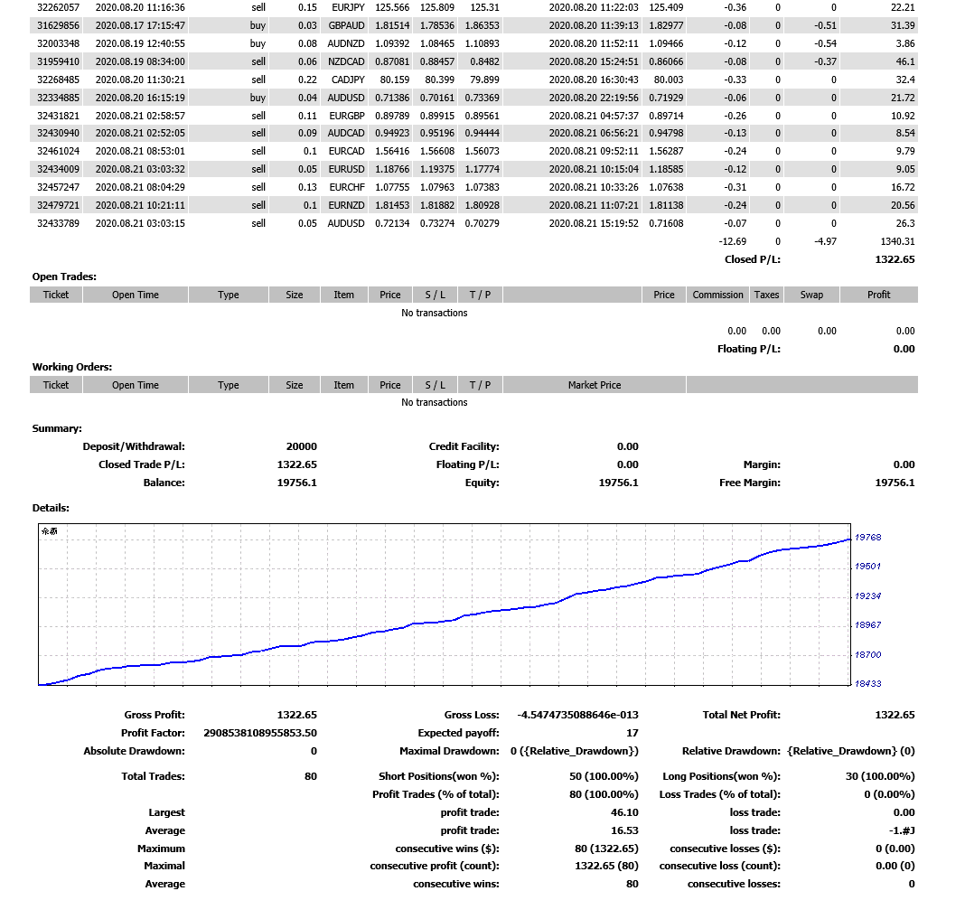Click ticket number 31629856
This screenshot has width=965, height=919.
pyautogui.click(x=56, y=25)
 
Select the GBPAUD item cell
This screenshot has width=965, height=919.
pyautogui.click(x=347, y=25)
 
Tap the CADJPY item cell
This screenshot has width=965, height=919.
pyautogui.click(x=347, y=80)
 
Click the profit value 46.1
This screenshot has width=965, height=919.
pyautogui.click(x=905, y=61)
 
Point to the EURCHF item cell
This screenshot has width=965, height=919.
pyautogui.click(x=347, y=187)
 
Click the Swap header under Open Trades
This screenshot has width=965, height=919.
pyautogui.click(x=811, y=295)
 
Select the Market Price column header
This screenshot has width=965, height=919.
pyautogui.click(x=595, y=385)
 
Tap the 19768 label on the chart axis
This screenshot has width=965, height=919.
pyautogui.click(x=867, y=538)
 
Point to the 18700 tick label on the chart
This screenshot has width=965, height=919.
pyautogui.click(x=867, y=655)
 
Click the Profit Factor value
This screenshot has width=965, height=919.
pyautogui.click(x=260, y=733)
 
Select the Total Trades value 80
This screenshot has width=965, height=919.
pyautogui.click(x=311, y=776)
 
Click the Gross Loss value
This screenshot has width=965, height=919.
pyautogui.click(x=577, y=715)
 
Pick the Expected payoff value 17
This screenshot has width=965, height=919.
pyautogui.click(x=632, y=733)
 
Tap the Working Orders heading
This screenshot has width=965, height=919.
pyautogui.click(x=72, y=367)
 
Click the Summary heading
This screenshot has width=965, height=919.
pyautogui.click(x=57, y=428)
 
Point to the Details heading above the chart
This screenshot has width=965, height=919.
pyautogui.click(x=51, y=508)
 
